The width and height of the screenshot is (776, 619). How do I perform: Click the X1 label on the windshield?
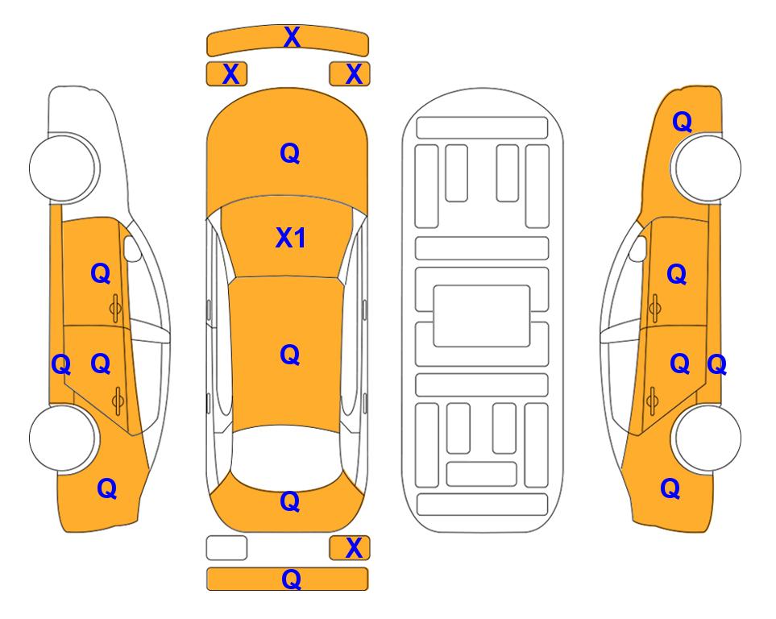tap(291, 238)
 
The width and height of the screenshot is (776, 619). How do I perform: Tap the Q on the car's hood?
tap(290, 153)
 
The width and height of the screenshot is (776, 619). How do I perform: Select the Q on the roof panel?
tap(290, 355)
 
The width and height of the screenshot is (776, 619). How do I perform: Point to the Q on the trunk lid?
tap(290, 501)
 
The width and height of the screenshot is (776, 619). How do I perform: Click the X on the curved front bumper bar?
tap(292, 37)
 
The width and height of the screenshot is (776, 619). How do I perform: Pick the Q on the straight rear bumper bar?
tap(291, 579)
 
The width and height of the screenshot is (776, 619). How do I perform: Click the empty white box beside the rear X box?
tap(226, 548)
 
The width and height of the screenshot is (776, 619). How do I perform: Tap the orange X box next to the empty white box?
tap(350, 548)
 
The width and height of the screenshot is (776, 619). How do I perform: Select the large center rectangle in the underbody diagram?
tap(482, 316)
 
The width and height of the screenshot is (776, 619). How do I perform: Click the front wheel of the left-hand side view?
tap(62, 168)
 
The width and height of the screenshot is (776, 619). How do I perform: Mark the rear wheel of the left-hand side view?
tap(62, 438)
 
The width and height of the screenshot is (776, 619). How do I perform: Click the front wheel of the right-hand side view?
tap(708, 168)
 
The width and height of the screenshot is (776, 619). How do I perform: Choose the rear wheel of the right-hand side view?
tap(708, 438)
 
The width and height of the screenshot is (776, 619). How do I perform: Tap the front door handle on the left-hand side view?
tap(116, 309)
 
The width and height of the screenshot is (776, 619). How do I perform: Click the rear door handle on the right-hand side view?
tap(653, 401)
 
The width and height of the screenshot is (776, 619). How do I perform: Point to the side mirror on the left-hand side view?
tap(132, 248)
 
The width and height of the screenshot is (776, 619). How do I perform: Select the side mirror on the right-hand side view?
tap(638, 248)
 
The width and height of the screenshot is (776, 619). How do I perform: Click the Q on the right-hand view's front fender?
tap(682, 122)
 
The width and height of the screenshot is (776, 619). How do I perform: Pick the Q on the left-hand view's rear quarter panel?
tap(107, 488)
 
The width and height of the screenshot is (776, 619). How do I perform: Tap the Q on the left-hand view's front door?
tap(101, 273)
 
